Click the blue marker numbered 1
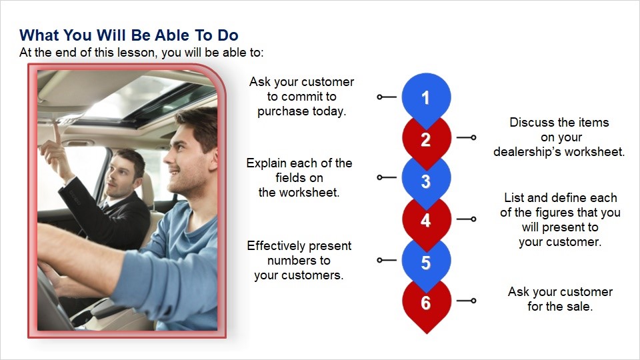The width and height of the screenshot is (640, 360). click(426, 98)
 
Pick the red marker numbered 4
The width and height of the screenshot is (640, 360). click(427, 221)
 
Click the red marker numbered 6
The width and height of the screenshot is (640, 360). click(427, 304)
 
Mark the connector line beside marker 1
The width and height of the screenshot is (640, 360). click(387, 97)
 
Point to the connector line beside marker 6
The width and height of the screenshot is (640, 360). click(466, 301)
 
